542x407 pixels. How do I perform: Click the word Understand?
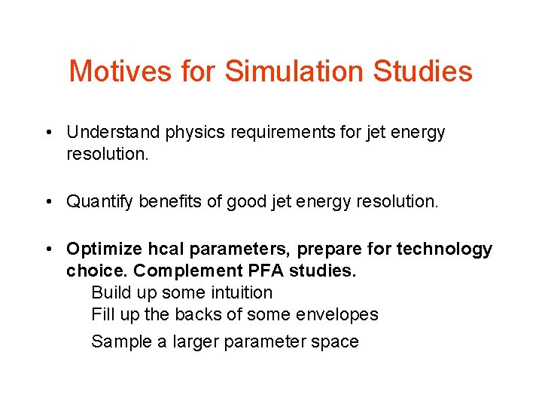[113, 133]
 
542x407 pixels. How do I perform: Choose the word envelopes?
[343, 315]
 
